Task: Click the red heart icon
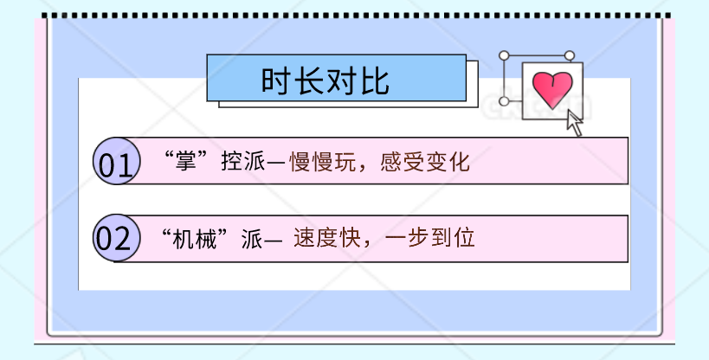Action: [x=552, y=88]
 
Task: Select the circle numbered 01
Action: [x=115, y=162]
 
